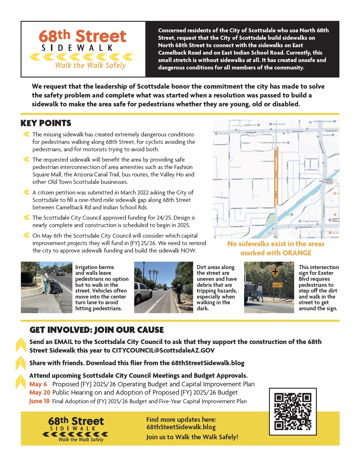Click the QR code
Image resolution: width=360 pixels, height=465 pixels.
coord(293,412)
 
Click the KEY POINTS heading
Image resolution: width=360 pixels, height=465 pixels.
coord(46,123)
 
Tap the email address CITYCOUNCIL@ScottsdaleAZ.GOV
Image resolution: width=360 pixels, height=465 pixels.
coord(163,350)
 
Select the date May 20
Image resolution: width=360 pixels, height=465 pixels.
coord(39,392)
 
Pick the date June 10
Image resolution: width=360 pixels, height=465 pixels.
coord(39,401)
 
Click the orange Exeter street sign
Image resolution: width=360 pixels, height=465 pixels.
coord(277,285)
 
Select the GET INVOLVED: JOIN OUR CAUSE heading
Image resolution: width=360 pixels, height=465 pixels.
coord(96,330)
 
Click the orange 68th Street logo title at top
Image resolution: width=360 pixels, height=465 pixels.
coord(82,36)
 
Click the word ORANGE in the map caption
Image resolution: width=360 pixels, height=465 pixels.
coord(297,253)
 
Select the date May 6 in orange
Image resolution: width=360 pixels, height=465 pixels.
coord(38,384)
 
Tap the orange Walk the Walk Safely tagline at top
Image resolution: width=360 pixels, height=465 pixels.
coord(90,65)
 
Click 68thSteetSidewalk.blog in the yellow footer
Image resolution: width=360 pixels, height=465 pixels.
coord(181,427)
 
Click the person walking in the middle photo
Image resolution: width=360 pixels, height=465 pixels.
coord(179,293)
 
